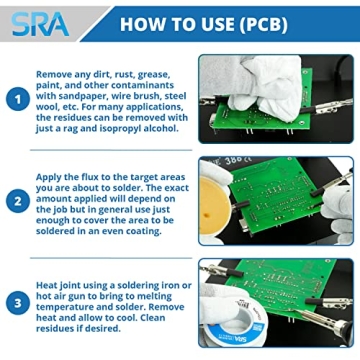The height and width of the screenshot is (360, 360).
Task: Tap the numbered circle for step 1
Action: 17,98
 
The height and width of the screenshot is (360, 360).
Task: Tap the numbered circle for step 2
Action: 17,199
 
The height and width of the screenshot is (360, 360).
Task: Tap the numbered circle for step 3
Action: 17,301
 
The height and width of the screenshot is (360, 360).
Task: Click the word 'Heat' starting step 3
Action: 49,283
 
